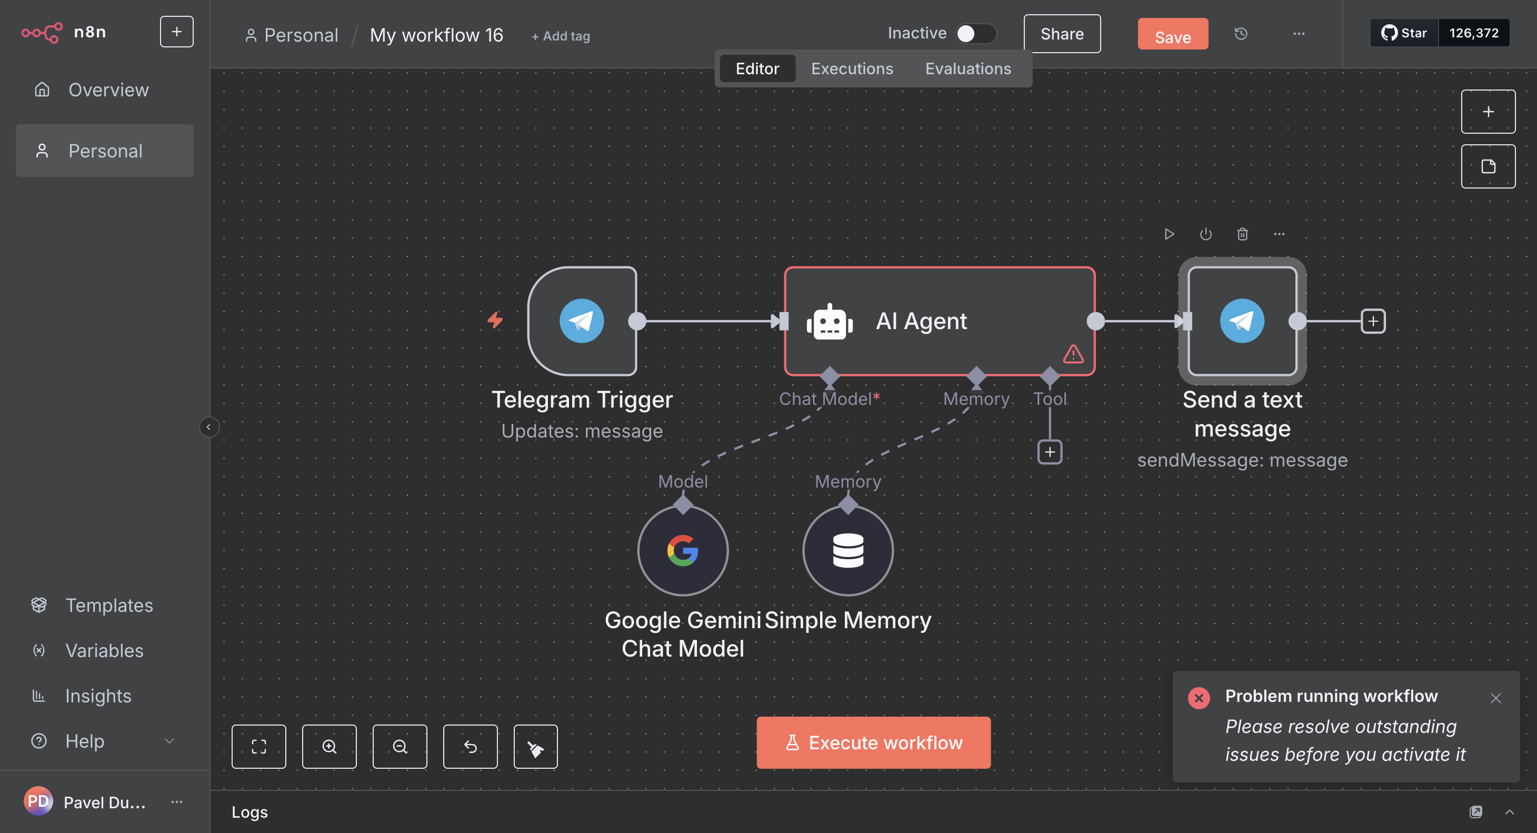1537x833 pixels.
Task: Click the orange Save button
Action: [1172, 36]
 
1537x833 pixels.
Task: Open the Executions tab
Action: [852, 68]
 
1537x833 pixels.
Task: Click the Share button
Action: [1062, 34]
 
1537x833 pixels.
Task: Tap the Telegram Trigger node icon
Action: [582, 321]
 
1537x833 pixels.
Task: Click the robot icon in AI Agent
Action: [830, 322]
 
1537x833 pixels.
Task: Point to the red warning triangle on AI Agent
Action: [1073, 354]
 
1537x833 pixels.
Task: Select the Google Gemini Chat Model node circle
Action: [683, 550]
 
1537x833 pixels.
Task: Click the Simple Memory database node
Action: [847, 550]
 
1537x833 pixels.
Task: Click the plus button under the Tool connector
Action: [1050, 452]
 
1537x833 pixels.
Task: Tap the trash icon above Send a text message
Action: [1242, 234]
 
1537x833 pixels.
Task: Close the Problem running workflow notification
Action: [1495, 698]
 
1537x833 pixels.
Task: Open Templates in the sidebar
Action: [108, 605]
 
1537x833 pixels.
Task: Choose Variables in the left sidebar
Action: [104, 650]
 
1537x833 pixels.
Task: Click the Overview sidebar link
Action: [108, 90]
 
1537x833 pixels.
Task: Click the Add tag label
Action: [561, 36]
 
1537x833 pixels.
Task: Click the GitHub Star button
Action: [1404, 33]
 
